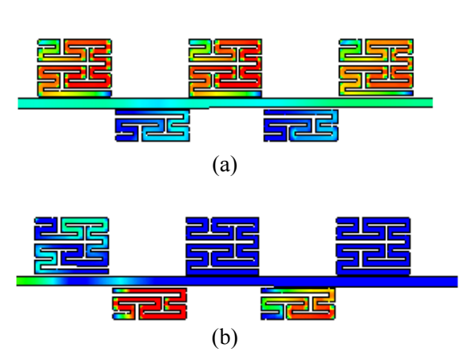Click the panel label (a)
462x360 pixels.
click(x=225, y=165)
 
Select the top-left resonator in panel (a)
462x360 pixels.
click(x=74, y=68)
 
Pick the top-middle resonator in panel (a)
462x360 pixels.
click(x=225, y=68)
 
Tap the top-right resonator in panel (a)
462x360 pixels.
click(x=376, y=67)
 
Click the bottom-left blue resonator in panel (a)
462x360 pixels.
click(x=153, y=126)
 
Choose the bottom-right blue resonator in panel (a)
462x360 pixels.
click(x=301, y=126)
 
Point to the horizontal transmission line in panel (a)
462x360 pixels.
click(x=225, y=103)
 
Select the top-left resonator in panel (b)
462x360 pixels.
click(x=72, y=246)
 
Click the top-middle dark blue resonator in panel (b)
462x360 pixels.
click(x=222, y=246)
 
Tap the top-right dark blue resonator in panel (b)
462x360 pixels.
click(x=373, y=246)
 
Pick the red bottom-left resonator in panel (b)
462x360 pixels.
click(x=149, y=304)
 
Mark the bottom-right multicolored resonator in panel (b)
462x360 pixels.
click(x=298, y=304)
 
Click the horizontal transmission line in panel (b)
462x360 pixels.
click(x=237, y=282)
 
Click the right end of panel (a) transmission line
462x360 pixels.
click(x=432, y=102)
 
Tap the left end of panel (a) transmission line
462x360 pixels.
click(x=19, y=103)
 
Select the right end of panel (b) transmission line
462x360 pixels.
click(x=457, y=282)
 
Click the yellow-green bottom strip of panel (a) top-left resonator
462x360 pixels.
click(x=75, y=94)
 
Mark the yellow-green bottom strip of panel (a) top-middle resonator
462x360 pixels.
click(x=225, y=94)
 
